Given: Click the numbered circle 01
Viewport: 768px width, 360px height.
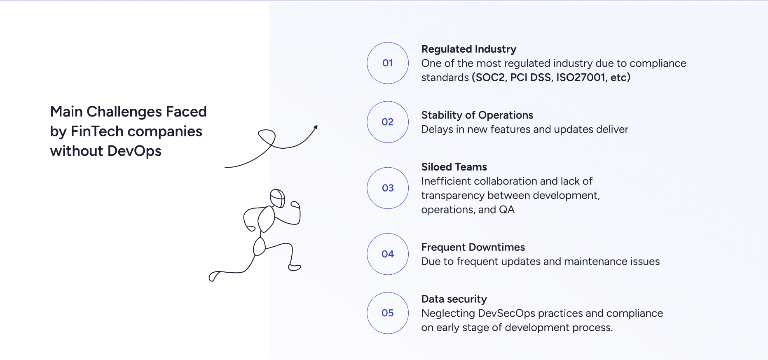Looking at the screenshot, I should tap(387, 63).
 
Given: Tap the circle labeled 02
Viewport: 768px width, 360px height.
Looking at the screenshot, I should tap(387, 122).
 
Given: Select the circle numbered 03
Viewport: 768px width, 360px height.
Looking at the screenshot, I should tap(387, 188).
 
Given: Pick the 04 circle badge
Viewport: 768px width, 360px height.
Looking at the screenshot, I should tap(387, 254).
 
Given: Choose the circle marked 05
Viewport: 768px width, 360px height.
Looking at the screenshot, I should tap(387, 313).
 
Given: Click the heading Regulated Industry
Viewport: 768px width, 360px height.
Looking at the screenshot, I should tap(468, 49).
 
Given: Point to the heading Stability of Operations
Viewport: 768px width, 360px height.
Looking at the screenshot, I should tap(477, 115).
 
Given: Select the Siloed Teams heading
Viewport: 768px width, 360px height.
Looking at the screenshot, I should tap(454, 167).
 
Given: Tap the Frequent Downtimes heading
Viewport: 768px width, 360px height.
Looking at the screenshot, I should tap(473, 247).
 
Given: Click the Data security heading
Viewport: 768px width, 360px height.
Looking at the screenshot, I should tap(454, 299).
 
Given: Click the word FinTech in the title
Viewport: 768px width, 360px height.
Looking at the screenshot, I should tap(97, 131).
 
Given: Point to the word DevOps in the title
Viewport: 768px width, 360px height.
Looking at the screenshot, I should tap(134, 151).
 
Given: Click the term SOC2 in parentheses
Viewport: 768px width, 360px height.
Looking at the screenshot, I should tap(490, 77).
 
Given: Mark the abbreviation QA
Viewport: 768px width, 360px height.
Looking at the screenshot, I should tap(506, 210).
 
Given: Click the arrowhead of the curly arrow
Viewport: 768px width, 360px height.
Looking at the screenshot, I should tap(316, 127).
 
